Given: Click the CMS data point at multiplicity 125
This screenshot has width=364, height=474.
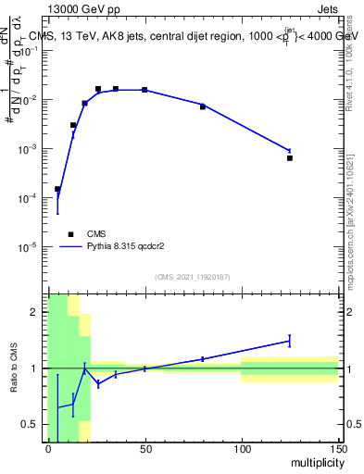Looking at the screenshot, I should click(290, 158).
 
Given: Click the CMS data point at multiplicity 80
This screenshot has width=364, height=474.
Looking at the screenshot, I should click(203, 107).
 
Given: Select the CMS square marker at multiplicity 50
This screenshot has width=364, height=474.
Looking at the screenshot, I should click(144, 90).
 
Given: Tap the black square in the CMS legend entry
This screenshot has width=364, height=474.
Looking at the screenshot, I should click(70, 234).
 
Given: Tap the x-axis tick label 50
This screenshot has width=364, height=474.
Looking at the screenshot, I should click(144, 449).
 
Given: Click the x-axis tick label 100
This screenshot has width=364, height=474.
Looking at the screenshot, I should click(242, 449).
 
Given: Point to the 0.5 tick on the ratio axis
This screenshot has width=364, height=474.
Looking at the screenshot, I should click(34, 424).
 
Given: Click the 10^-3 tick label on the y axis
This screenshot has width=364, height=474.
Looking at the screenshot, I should click(28, 149).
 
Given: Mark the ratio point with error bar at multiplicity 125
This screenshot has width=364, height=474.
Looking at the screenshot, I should click(290, 341).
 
